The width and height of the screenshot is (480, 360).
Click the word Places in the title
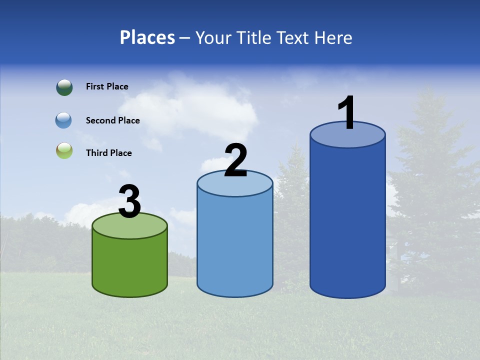click(147, 37)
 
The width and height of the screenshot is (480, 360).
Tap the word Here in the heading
click(333, 37)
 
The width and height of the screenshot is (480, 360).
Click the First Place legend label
click(107, 86)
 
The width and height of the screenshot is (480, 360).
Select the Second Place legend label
click(112, 120)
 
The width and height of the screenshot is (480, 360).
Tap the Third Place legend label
click(108, 153)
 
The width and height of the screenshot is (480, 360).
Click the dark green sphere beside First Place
click(64, 87)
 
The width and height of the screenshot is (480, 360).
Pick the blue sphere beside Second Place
click(63, 120)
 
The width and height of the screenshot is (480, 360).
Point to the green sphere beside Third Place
click(64, 151)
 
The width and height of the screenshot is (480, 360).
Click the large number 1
click(346, 113)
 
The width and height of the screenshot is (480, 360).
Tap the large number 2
click(235, 160)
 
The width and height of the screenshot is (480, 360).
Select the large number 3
click(130, 201)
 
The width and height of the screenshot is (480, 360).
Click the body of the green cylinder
click(130, 265)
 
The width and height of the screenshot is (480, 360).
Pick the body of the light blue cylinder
click(235, 245)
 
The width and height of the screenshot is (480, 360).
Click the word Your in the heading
click(214, 37)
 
